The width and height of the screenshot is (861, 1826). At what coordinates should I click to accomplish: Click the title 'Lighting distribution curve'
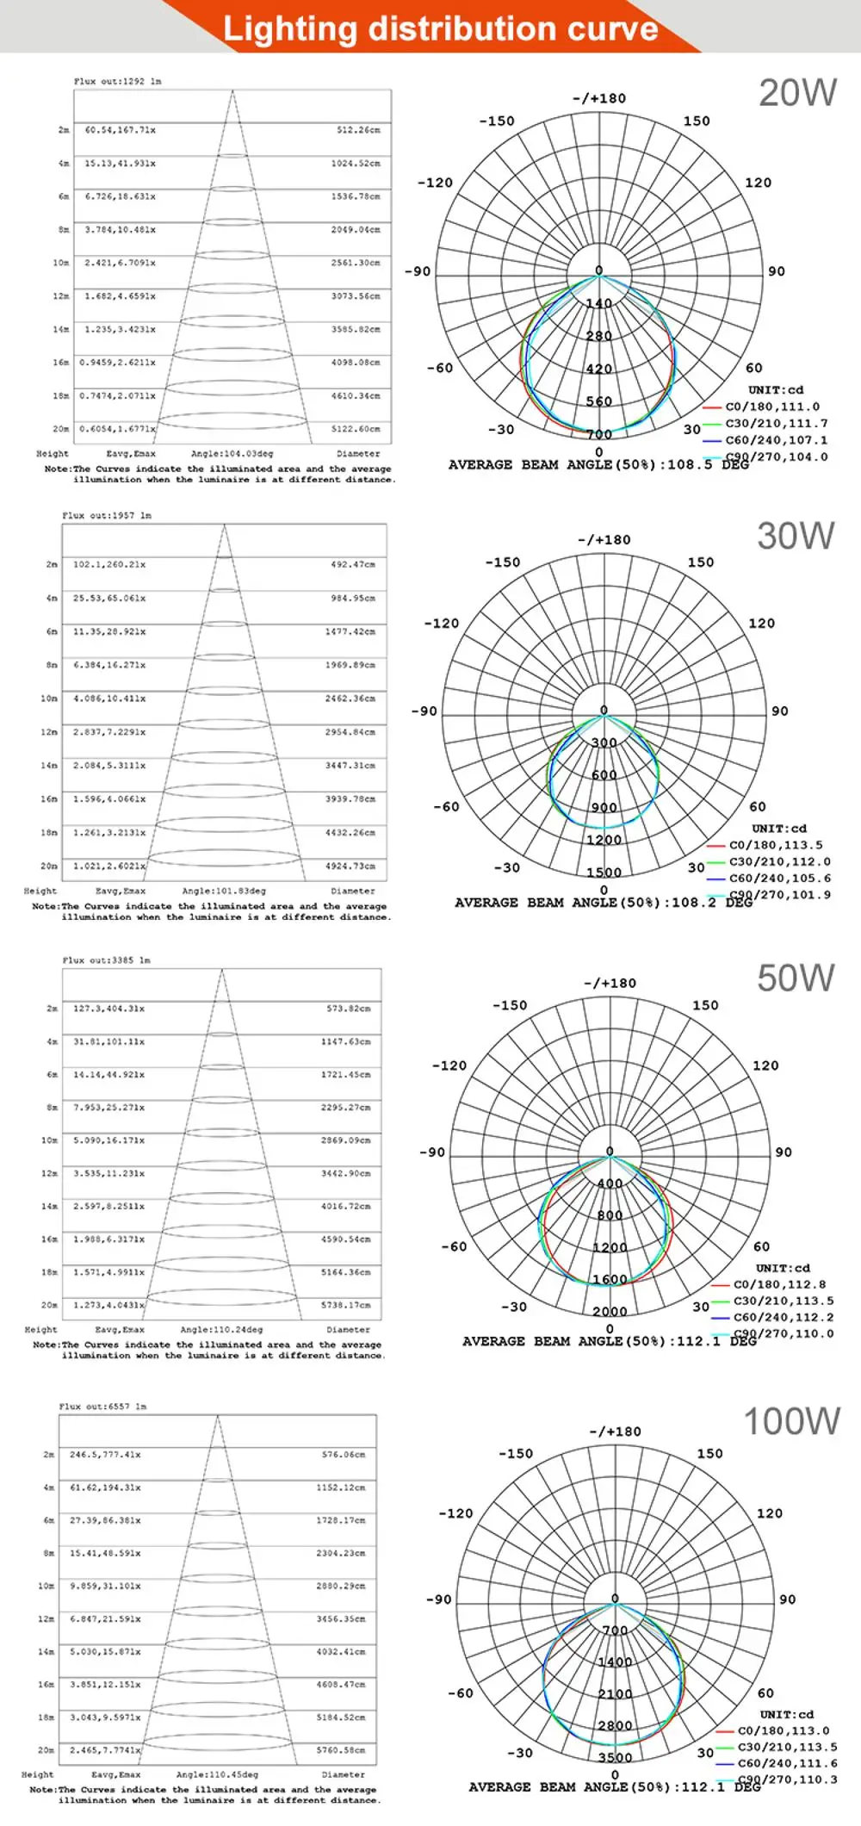click(x=440, y=28)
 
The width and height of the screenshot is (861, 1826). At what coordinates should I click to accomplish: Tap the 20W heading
click(x=797, y=93)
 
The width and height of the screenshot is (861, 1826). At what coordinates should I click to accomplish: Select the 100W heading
click(x=791, y=1421)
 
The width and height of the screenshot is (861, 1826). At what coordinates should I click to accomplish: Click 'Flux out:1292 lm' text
click(x=117, y=81)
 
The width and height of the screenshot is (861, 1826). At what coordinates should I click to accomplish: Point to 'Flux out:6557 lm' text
click(x=102, y=1407)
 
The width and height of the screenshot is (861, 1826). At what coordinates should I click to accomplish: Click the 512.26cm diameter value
click(x=358, y=130)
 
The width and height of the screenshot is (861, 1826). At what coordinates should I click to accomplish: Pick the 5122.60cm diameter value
click(x=356, y=429)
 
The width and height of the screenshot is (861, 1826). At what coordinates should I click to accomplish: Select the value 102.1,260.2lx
click(x=109, y=565)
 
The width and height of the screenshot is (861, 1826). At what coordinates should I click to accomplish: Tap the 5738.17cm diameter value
click(x=346, y=1306)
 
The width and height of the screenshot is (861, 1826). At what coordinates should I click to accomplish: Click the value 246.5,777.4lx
click(x=105, y=1455)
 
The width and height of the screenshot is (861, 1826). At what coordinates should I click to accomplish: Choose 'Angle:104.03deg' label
click(x=232, y=453)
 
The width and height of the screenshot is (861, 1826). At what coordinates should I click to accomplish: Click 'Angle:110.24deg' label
click(x=221, y=1330)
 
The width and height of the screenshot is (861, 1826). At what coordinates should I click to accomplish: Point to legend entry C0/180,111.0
click(x=771, y=407)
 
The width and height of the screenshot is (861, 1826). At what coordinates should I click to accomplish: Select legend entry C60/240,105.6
click(x=779, y=878)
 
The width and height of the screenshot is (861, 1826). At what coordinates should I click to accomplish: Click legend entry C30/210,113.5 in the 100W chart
click(x=787, y=1747)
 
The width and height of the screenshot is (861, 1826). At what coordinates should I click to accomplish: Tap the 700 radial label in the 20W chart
click(x=599, y=434)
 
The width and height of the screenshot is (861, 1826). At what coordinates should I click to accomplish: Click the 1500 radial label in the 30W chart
click(x=604, y=873)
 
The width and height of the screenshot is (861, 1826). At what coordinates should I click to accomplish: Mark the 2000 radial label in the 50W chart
click(x=610, y=1311)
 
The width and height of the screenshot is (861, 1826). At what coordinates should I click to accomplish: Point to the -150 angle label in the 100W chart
click(x=516, y=1453)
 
